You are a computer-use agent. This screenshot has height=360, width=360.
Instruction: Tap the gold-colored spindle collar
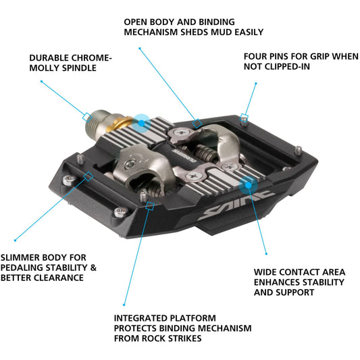[x=122, y=123]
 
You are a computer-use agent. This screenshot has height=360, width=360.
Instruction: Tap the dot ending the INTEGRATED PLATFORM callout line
[x=123, y=305]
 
